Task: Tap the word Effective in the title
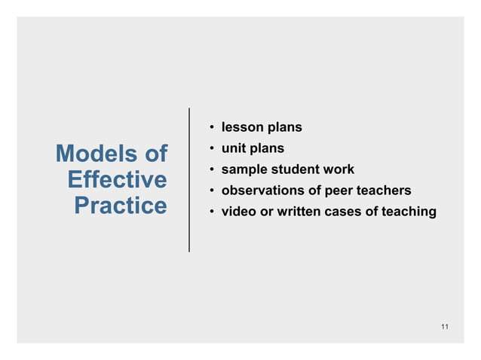pos(116,180)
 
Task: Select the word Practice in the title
pos(120,206)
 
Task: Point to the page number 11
pos(445,326)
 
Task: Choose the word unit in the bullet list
pos(233,148)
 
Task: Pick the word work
pos(338,169)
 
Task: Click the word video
pos(238,212)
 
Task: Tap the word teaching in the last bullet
pos(408,212)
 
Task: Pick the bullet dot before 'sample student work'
pos(213,169)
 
